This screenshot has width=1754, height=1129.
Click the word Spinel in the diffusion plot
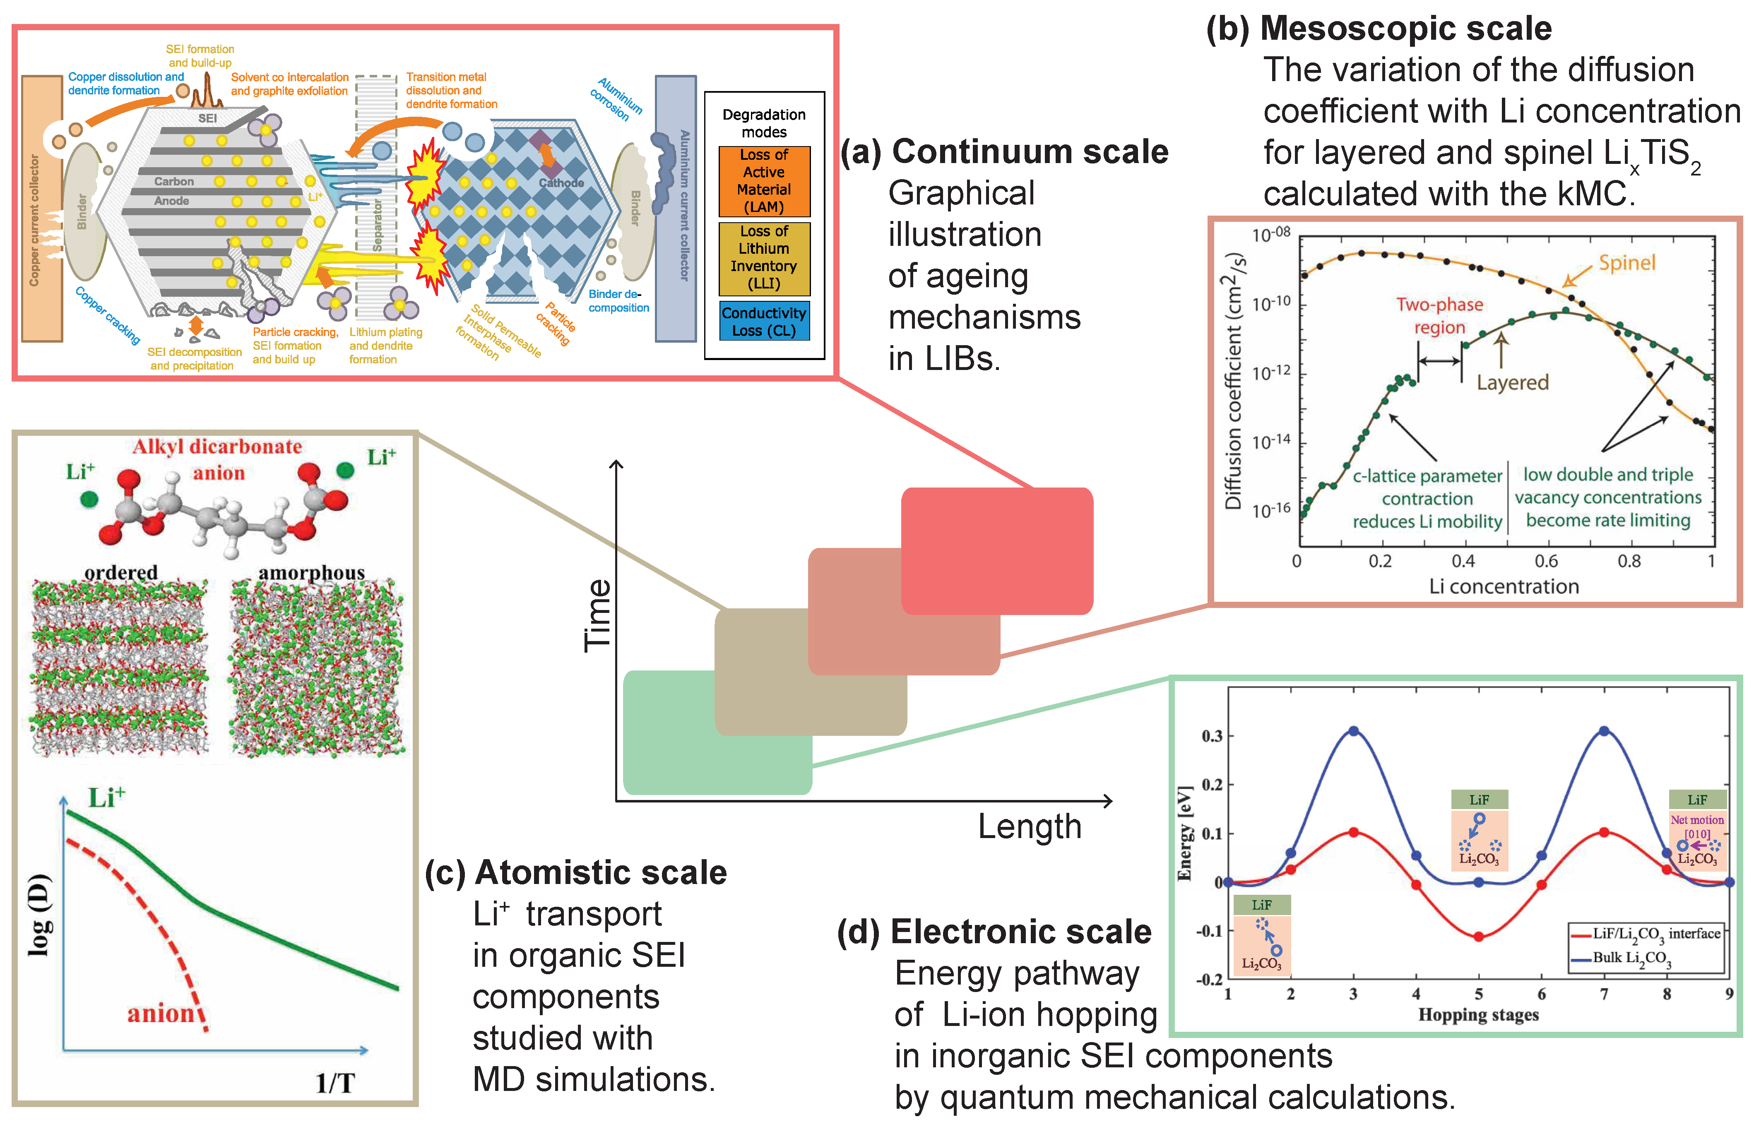(1626, 263)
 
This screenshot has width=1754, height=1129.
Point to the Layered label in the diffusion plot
(1512, 383)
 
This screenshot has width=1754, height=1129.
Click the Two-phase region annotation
(1439, 316)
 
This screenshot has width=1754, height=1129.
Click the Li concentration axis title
(1503, 586)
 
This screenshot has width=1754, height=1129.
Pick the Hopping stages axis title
(1478, 1015)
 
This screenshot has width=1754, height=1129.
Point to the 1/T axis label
(335, 1083)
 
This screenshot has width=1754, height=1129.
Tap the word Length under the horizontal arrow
(1030, 827)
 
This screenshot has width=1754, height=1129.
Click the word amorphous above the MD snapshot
(312, 572)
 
